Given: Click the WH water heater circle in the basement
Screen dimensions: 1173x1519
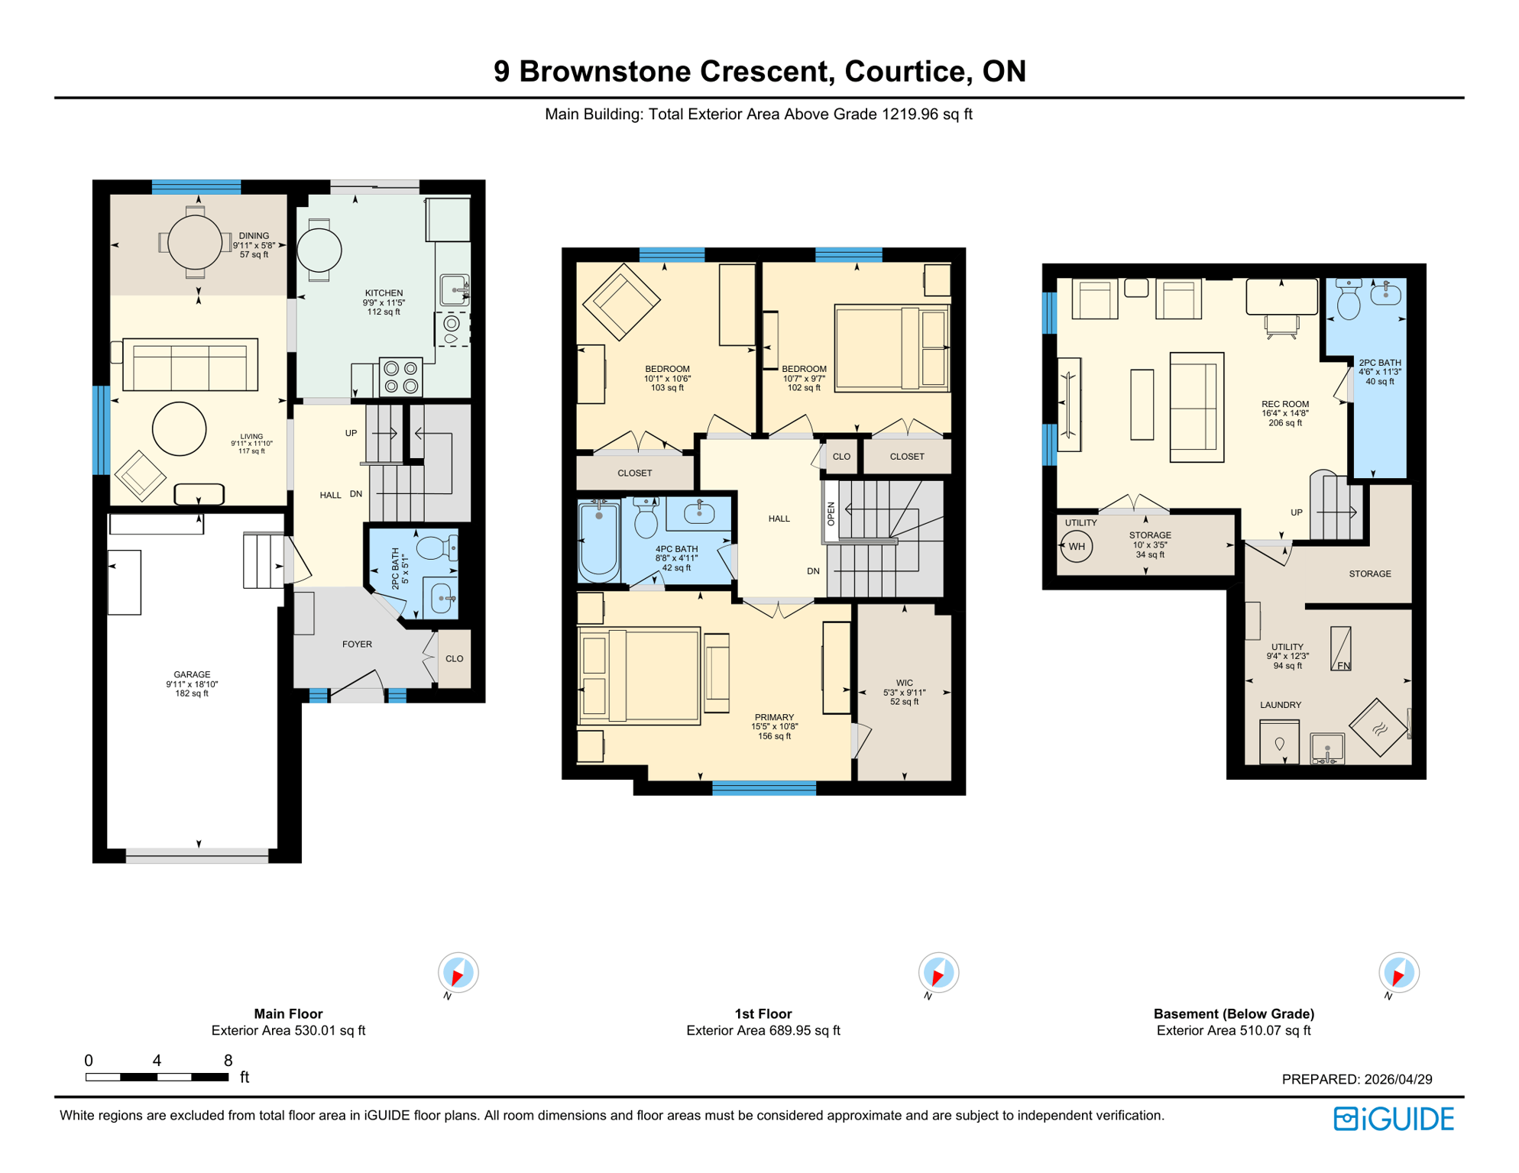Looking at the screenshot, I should click(x=1076, y=547).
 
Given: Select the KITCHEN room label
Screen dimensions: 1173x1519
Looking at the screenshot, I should click(x=384, y=293).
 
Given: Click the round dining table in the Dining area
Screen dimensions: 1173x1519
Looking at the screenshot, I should click(x=195, y=243).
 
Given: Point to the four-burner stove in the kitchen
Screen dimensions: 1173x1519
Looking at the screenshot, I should click(x=401, y=377).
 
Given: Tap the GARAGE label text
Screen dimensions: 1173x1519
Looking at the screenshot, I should click(x=192, y=675).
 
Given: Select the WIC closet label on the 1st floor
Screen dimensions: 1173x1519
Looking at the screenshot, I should click(x=904, y=683).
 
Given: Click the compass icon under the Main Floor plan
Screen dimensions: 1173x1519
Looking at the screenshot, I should click(x=458, y=974).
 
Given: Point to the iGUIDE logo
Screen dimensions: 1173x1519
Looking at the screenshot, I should click(x=1394, y=1120).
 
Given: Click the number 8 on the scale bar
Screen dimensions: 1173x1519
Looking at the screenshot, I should click(x=228, y=1061).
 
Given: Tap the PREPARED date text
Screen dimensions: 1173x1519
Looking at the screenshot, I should click(x=1356, y=1080).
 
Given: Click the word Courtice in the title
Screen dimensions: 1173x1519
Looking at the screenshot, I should click(x=908, y=72).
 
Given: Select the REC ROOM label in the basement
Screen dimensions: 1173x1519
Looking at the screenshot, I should click(x=1285, y=405).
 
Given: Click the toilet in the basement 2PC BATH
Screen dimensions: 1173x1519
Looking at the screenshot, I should click(x=1349, y=301).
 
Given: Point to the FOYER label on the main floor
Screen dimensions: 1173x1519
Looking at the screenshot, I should click(x=357, y=645).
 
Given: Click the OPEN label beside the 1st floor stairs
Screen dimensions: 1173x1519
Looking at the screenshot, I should click(x=831, y=514).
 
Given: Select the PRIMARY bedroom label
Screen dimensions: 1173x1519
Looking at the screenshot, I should click(x=774, y=718).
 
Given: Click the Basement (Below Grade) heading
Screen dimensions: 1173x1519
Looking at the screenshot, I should click(x=1233, y=1014).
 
